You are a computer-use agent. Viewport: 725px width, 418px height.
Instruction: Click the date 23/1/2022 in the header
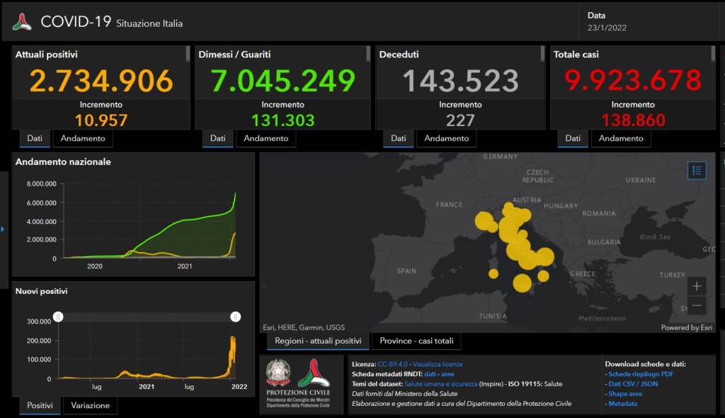tap(607, 28)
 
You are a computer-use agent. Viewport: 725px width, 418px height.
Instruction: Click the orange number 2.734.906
tap(101, 81)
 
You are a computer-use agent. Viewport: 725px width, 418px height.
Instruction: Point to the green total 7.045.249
tap(282, 81)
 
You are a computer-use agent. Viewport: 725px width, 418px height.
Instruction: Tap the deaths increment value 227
tap(460, 120)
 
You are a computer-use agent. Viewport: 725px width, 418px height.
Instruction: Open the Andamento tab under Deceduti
tap(447, 138)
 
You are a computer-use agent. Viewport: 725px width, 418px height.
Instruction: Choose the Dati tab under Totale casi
tap(573, 138)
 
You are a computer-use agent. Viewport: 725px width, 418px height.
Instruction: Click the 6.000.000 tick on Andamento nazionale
tap(41, 203)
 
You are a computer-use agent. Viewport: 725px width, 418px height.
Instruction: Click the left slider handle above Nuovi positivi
tap(59, 317)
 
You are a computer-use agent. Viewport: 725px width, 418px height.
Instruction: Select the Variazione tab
tap(91, 405)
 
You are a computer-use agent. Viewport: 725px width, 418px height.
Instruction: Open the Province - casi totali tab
tap(416, 341)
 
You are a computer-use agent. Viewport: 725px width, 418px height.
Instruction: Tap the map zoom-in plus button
tap(697, 286)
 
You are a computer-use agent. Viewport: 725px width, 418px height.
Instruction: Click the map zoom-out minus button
tap(697, 306)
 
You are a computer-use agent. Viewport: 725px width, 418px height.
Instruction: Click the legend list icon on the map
tap(697, 170)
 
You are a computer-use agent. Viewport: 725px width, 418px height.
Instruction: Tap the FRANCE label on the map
tap(449, 205)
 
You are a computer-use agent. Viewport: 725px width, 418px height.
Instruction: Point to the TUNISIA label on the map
tap(493, 316)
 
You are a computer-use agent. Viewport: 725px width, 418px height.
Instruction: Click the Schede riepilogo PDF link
tap(641, 373)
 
